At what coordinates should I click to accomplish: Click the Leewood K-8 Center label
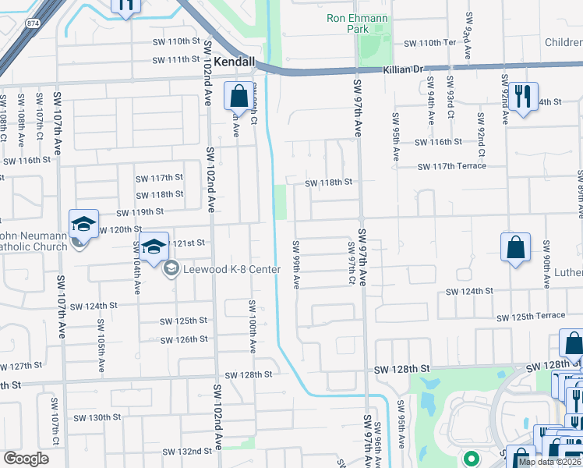click(231, 270)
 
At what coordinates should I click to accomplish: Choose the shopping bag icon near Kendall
click(239, 97)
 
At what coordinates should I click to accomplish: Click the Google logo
click(26, 458)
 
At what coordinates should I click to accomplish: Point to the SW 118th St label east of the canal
click(328, 183)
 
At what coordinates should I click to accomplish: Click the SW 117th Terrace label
click(451, 166)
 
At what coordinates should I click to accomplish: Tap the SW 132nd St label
click(186, 452)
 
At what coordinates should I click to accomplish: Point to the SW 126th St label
click(183, 339)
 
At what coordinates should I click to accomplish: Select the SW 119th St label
click(140, 211)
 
